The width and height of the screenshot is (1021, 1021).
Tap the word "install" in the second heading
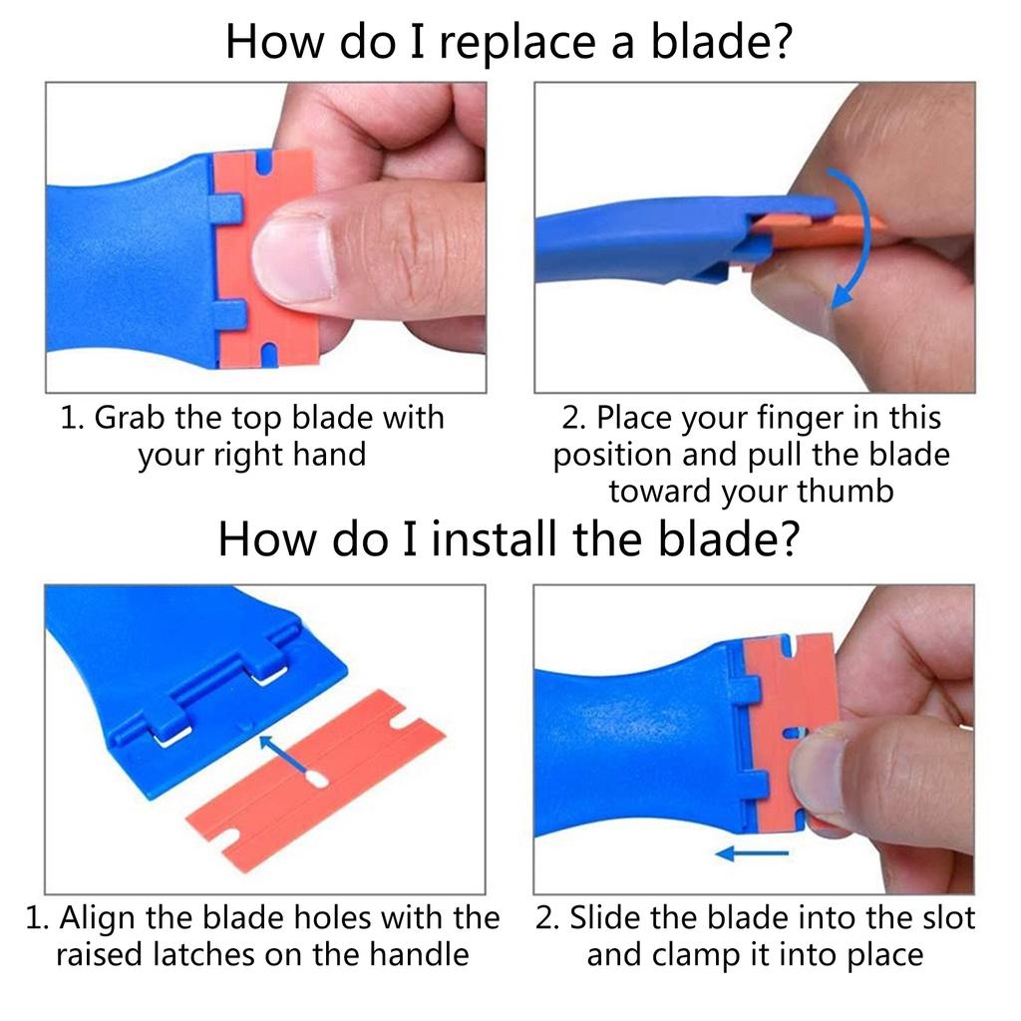tap(495, 539)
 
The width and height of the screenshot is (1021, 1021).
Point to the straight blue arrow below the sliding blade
tap(752, 852)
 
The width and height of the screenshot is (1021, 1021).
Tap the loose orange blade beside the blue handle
tap(316, 780)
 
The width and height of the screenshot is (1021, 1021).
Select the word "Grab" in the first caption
tap(129, 418)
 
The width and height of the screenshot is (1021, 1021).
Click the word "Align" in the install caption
tap(98, 918)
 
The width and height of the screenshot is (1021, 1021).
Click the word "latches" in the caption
tap(203, 955)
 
